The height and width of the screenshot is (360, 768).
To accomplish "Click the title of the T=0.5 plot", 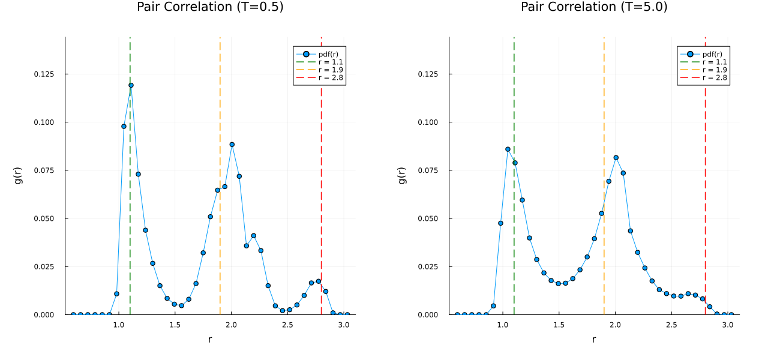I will pos(210,7).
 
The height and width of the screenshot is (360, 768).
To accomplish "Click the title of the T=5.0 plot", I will pos(594,7).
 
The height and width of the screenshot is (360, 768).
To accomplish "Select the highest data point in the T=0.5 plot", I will pos(131,85).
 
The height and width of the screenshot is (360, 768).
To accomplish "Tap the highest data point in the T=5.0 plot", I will pos(508,149).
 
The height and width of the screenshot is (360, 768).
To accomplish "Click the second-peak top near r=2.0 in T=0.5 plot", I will pos(232,144).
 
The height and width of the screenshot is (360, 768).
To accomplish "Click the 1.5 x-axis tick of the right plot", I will pos(559,325).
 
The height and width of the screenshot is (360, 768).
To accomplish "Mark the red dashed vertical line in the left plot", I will pos(322,180).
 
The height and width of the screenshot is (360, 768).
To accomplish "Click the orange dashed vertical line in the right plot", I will pos(604,120).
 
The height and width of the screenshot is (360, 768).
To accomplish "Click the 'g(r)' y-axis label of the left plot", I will pos(19,175).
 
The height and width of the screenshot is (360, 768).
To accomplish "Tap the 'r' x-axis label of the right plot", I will pos(594,340).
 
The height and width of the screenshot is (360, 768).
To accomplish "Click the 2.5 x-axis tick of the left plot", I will pos(287,325).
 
